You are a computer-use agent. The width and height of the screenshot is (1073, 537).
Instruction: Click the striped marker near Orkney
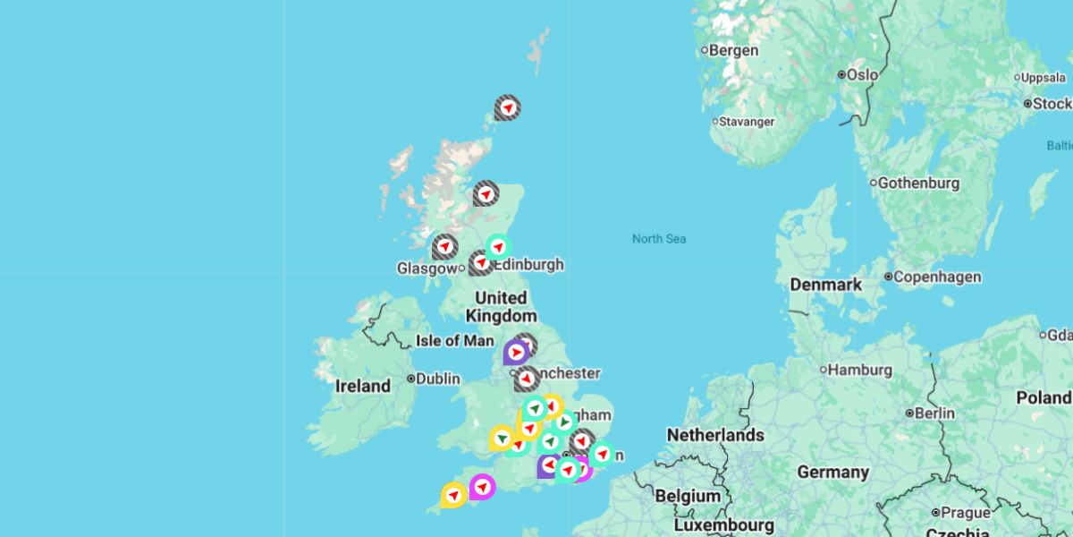point(507,108)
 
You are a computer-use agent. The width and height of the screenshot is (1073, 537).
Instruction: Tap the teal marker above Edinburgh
point(498,246)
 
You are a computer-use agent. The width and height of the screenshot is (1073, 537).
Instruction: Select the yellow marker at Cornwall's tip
point(453,494)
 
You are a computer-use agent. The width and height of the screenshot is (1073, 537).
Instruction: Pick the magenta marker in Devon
point(482,486)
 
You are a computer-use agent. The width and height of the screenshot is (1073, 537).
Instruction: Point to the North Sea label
point(659,239)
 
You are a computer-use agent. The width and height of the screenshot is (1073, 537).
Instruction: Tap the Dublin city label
point(437,379)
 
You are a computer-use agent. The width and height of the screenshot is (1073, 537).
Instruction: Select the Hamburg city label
point(859,370)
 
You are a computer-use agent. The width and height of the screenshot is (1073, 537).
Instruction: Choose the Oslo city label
point(862,75)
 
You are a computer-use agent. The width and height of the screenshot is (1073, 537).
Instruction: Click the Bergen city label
point(733,51)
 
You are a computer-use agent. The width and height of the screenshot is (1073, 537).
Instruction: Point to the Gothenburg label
point(918,183)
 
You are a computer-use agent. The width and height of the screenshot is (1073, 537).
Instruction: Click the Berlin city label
point(934,413)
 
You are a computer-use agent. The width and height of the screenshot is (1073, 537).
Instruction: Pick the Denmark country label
point(825,285)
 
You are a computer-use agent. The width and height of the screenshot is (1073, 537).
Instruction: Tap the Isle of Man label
point(454,340)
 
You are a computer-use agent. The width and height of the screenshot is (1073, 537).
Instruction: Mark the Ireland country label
point(362,387)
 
